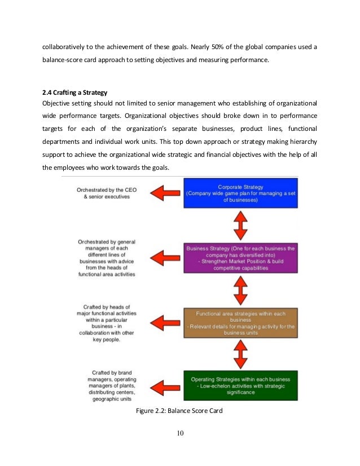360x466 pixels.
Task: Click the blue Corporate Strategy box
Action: [241, 193]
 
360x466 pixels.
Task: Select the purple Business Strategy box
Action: [241, 258]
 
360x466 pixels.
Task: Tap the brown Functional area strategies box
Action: [241, 322]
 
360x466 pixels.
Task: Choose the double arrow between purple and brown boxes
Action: [241, 291]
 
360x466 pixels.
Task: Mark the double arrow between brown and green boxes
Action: [241, 354]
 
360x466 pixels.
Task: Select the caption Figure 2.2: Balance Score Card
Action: [180, 410]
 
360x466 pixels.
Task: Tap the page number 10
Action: [180, 433]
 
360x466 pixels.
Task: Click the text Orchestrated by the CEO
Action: [107, 194]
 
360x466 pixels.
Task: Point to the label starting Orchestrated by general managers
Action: [107, 258]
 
